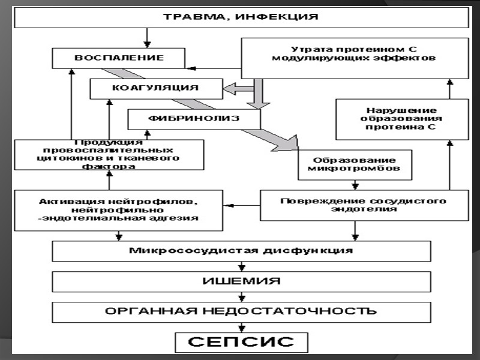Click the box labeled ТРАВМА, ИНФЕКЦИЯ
[x=241, y=17]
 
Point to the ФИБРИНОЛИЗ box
[x=194, y=118]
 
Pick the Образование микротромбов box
[x=355, y=164]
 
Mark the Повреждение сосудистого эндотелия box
[x=363, y=205]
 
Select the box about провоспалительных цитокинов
[x=109, y=155]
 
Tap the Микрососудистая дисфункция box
[x=241, y=251]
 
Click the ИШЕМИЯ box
[x=241, y=281]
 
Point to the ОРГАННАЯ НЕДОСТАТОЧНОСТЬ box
[x=241, y=311]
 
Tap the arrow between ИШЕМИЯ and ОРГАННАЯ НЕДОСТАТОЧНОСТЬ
[x=241, y=296]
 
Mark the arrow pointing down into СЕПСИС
[x=241, y=327]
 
